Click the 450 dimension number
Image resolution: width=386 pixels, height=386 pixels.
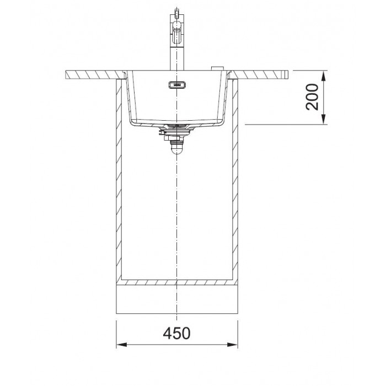point(176,333)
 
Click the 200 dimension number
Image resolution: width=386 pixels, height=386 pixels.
point(312,97)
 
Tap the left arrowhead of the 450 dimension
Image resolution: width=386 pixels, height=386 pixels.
point(121,345)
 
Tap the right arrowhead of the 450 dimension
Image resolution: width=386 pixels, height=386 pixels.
point(232,345)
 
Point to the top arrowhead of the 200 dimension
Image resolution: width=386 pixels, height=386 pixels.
point(324,76)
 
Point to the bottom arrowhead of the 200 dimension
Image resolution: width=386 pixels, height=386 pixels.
point(324,119)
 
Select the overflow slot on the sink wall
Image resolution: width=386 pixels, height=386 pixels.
point(177,85)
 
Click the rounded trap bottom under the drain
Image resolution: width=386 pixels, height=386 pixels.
point(177,149)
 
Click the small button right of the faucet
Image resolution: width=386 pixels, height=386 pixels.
point(218,68)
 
